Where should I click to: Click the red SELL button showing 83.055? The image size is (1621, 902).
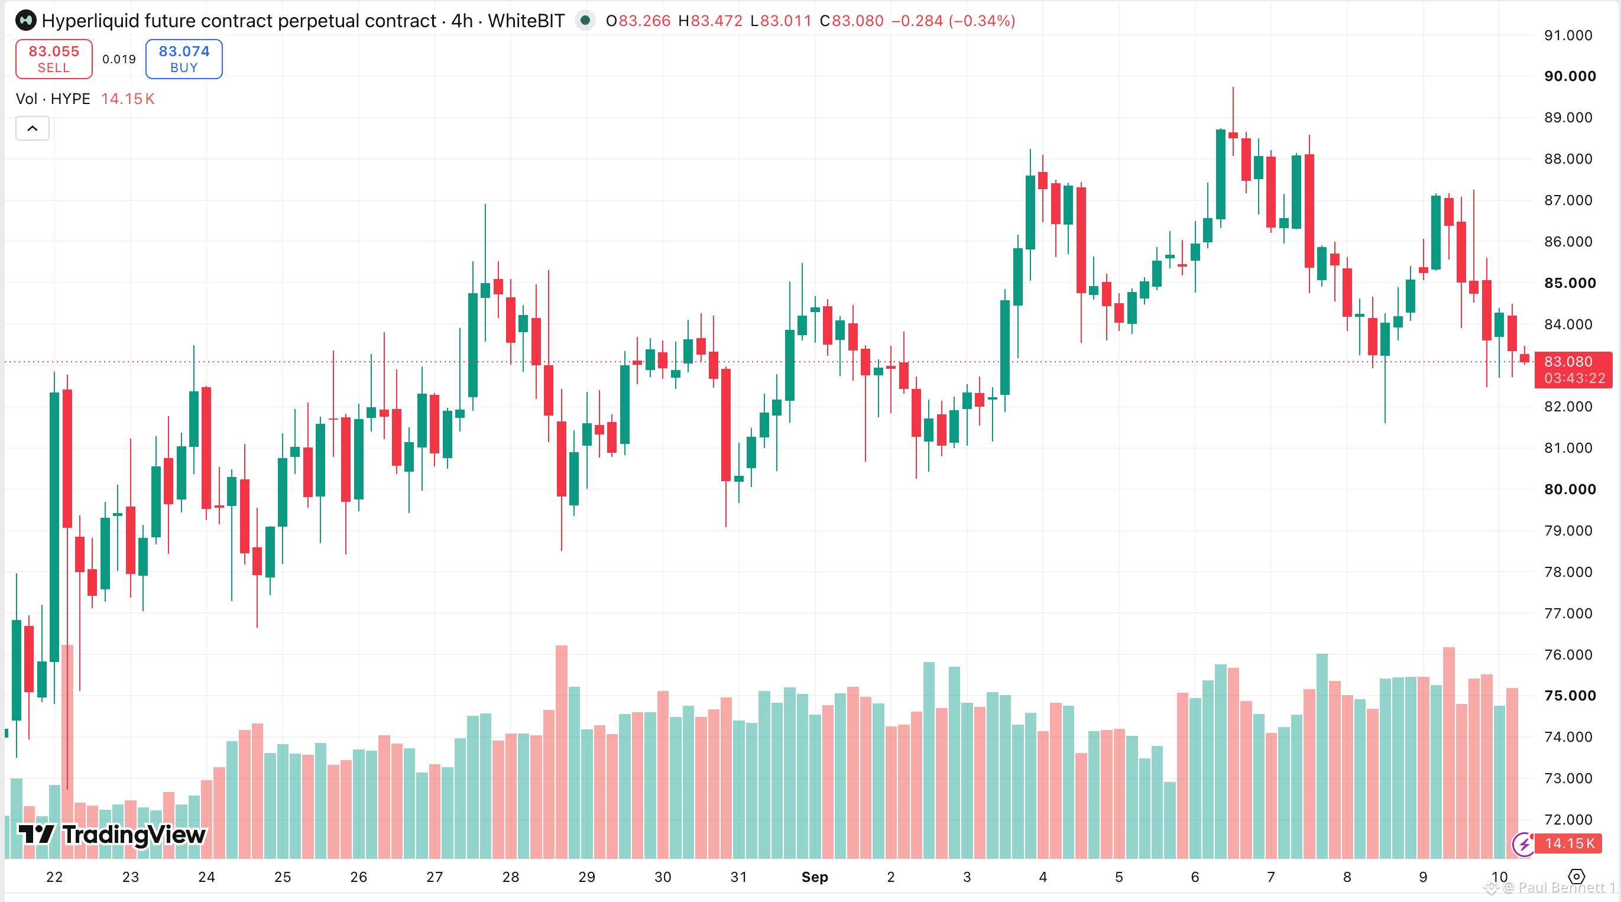click(x=54, y=59)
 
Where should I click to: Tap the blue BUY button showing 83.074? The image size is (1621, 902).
click(x=184, y=59)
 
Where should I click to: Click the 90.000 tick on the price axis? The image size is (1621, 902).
click(x=1570, y=76)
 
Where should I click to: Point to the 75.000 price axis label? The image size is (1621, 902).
click(x=1570, y=695)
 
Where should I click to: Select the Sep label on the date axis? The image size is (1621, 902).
click(x=814, y=877)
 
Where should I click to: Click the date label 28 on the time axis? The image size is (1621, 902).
click(x=510, y=877)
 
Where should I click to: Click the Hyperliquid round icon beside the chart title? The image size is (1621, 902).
click(x=26, y=21)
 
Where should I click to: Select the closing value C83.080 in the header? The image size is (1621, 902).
click(x=851, y=21)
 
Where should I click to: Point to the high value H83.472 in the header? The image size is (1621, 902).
click(x=710, y=21)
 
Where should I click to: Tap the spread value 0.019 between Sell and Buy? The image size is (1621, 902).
click(x=119, y=59)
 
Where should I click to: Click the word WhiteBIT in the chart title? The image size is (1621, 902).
click(x=526, y=21)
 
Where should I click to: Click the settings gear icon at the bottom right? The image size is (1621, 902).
click(x=1576, y=877)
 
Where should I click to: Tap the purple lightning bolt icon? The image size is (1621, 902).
click(x=1523, y=844)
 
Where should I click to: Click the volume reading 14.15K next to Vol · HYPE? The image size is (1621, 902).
click(x=128, y=99)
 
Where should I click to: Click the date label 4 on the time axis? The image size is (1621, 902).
click(x=1043, y=877)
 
